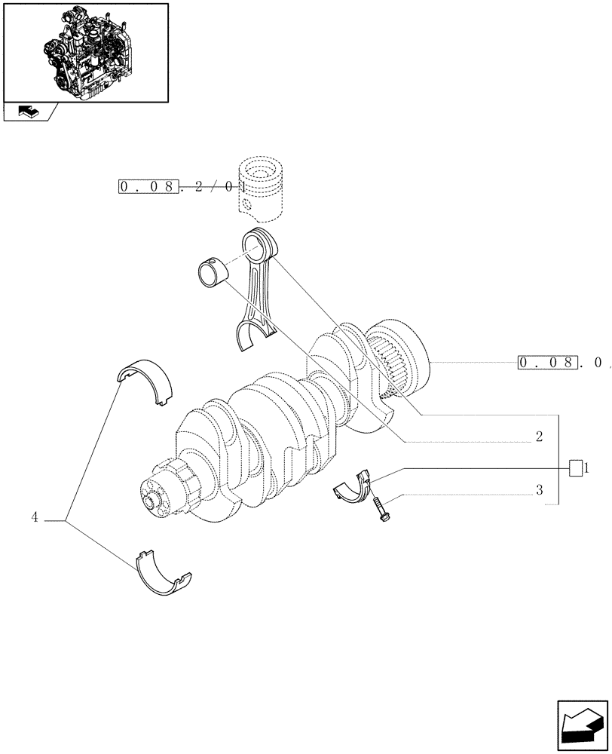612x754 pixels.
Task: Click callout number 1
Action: coord(586,468)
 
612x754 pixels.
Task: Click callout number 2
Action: coord(540,437)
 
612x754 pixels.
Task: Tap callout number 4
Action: coord(35,517)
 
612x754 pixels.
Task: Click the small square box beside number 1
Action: coord(576,467)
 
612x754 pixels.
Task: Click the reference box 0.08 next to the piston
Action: coord(149,186)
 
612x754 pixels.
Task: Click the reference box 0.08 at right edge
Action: coord(549,363)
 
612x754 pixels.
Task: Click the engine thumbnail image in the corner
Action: coord(85,52)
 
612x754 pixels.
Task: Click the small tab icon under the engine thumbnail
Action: coord(29,112)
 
